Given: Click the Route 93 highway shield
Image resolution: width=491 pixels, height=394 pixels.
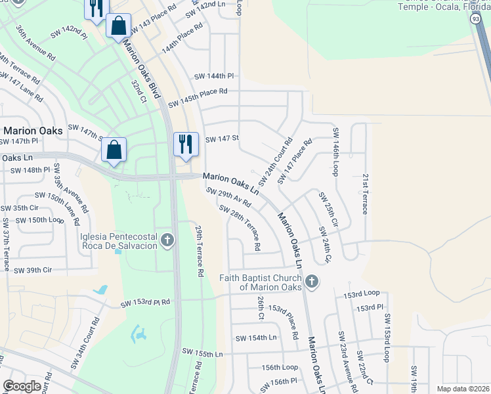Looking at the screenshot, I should coord(475,20).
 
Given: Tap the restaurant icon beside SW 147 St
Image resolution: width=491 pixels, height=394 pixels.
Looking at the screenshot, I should coord(186,144).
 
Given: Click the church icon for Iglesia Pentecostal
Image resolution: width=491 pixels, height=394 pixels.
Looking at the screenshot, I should coord(167,240).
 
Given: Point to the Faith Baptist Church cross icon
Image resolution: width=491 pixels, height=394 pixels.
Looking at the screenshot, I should coord(312,282).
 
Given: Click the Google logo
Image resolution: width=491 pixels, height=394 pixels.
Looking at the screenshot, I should coord(22,386).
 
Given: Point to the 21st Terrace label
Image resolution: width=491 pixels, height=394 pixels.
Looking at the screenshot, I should coord(364,194).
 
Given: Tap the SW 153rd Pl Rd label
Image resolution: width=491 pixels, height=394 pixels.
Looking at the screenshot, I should coord(145,303).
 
